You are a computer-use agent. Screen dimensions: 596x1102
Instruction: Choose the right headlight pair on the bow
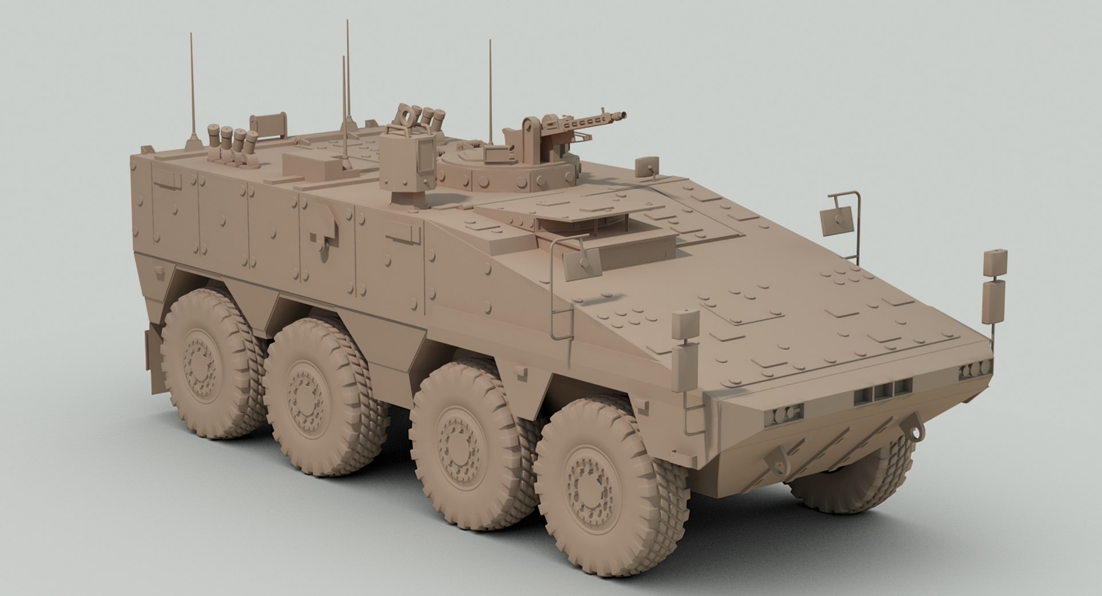point(975,371)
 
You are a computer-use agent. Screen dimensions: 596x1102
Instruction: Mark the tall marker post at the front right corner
point(995,293)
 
